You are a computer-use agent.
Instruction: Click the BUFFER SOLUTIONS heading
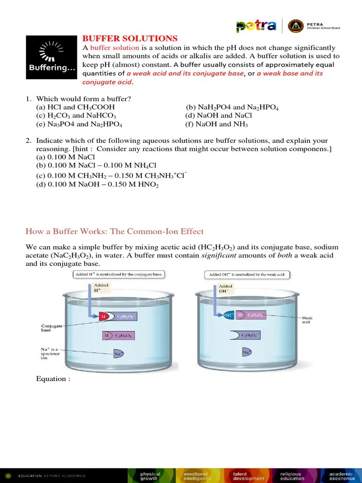coord(130,39)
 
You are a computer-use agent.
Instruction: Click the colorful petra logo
coord(256,26)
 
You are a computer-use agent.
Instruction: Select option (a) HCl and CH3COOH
coord(75,108)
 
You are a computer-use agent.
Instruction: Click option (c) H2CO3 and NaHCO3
coord(76,116)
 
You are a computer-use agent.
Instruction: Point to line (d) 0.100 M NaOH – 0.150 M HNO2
coord(97,185)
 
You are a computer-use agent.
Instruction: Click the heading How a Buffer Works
coord(114,231)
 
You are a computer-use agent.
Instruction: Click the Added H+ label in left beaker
coord(101,288)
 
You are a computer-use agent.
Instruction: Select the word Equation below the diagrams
coord(53,379)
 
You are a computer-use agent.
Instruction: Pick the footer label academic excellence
coord(341,475)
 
